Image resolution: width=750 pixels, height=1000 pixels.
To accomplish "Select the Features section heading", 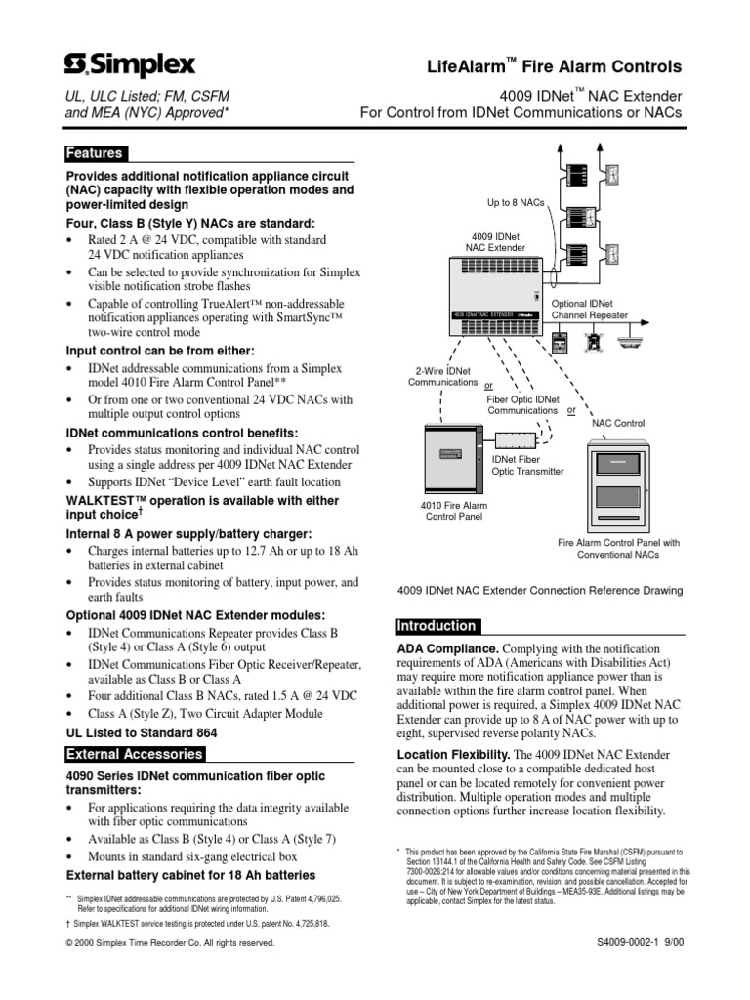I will click(94, 153).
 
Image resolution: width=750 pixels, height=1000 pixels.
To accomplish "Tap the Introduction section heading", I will click(436, 626).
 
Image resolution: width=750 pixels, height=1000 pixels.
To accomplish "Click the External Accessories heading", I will click(134, 754).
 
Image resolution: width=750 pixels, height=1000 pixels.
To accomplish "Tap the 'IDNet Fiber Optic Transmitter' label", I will click(528, 464).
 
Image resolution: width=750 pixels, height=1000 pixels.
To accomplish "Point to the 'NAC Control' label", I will click(618, 423).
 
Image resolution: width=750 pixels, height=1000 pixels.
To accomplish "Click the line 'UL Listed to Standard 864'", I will click(141, 732).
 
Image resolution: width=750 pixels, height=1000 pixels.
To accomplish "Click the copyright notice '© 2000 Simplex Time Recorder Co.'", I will click(170, 971).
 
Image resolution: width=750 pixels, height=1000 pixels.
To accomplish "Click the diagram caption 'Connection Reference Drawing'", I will click(539, 591).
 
